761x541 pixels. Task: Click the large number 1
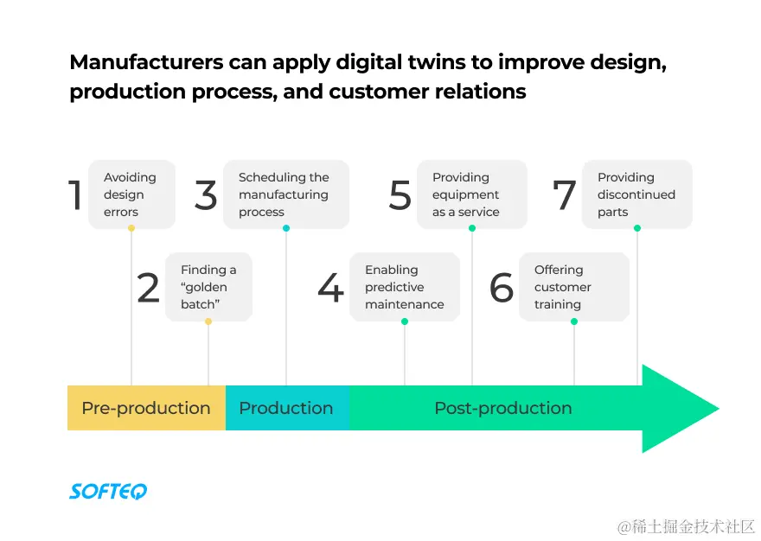75,195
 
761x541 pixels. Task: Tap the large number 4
330,288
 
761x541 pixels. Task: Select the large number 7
564,195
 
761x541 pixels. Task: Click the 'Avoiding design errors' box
131,194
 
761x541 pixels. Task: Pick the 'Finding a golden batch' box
208,287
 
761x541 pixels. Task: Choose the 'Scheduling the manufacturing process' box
285,194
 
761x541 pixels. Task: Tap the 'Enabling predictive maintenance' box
404,287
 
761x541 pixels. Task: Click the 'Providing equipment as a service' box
471,194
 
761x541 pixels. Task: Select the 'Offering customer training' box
573,287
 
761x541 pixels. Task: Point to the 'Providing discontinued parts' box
636,194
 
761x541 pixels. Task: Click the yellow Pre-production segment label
145,408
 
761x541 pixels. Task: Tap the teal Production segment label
285,408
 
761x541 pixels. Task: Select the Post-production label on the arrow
502,408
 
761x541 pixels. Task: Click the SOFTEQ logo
108,491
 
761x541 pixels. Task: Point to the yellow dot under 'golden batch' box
208,321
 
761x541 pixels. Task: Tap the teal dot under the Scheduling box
286,228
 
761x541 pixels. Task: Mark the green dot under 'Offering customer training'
574,321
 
